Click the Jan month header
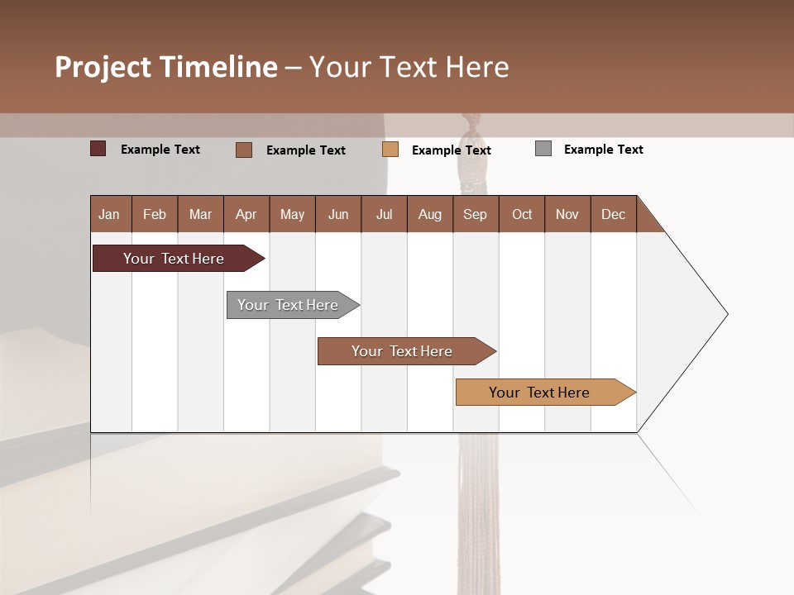110,214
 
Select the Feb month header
155,214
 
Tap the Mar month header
200,214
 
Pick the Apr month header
246,214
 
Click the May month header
292,214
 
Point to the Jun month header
338,214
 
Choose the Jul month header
384,214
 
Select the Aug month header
430,214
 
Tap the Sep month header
476,214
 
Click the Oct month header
522,214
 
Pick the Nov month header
567,214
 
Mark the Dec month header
614,214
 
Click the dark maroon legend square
98,149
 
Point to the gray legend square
543,149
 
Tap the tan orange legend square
390,150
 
